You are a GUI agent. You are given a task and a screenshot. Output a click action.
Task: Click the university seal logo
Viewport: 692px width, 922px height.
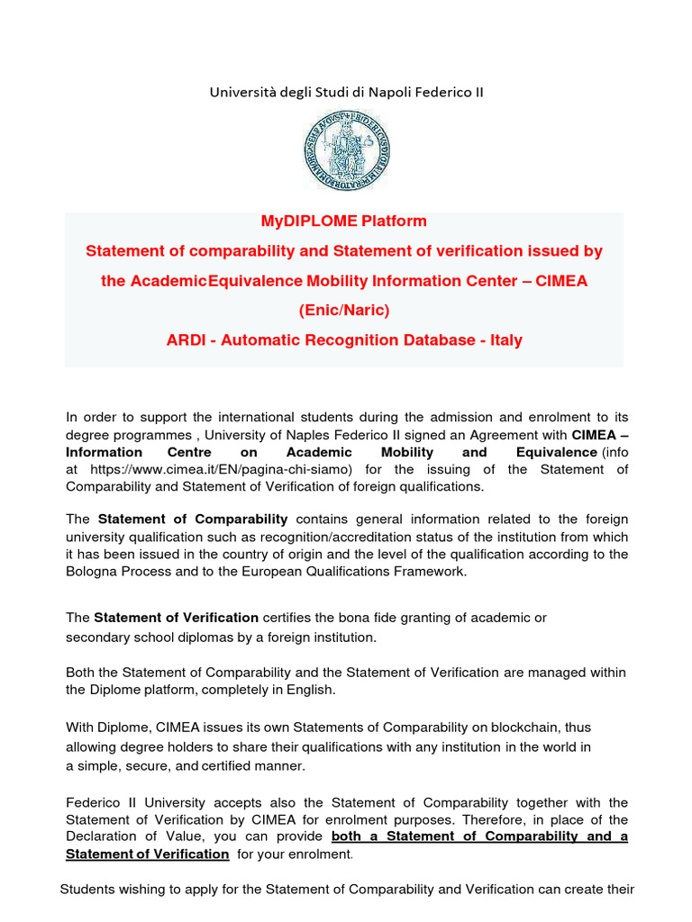click(x=347, y=149)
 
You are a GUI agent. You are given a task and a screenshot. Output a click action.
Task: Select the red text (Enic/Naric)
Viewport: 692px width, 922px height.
click(x=344, y=311)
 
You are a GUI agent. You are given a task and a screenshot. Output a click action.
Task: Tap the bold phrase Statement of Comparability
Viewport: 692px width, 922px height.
click(x=193, y=519)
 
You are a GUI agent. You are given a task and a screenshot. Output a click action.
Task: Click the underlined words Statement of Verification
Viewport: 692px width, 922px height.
click(x=148, y=854)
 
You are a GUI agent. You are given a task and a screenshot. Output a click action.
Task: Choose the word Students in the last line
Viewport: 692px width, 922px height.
click(x=87, y=890)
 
